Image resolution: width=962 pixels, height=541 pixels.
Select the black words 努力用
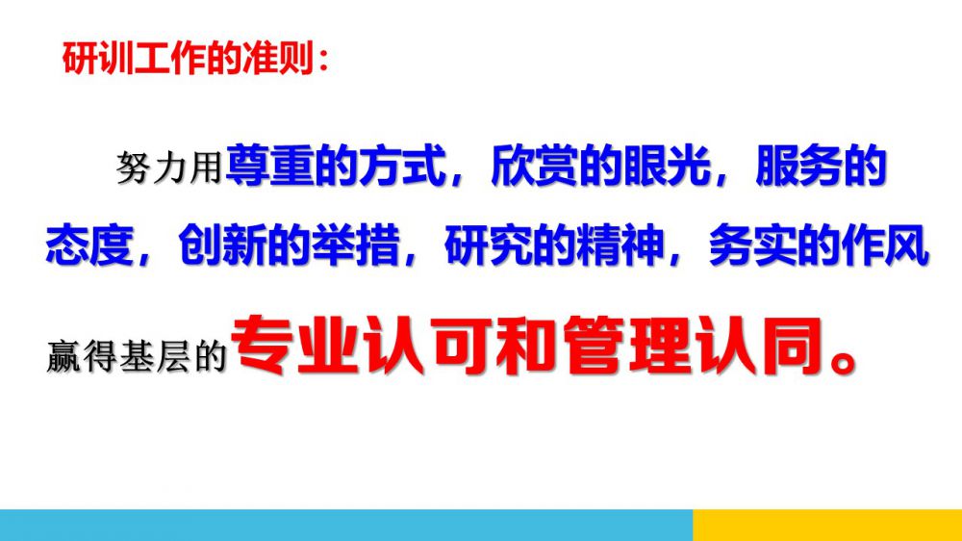pos(168,167)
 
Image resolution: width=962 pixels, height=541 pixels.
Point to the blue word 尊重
pos(269,166)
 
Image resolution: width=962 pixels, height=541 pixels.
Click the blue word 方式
pos(402,166)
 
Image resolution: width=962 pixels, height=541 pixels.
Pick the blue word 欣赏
pos(534,166)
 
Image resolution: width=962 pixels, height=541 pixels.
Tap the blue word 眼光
pos(667,166)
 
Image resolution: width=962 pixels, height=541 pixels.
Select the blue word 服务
pos(799,166)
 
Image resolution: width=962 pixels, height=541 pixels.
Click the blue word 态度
pos(89,245)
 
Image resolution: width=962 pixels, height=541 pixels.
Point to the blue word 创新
pos(222,245)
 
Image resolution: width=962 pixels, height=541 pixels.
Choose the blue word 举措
pos(355,245)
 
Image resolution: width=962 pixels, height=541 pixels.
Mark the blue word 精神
pos(620,245)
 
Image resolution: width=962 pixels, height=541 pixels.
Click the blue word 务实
pos(752,245)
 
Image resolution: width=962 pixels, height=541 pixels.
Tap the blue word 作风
pos(885,245)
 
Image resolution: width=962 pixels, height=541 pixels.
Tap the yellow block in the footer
pos(827,525)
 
